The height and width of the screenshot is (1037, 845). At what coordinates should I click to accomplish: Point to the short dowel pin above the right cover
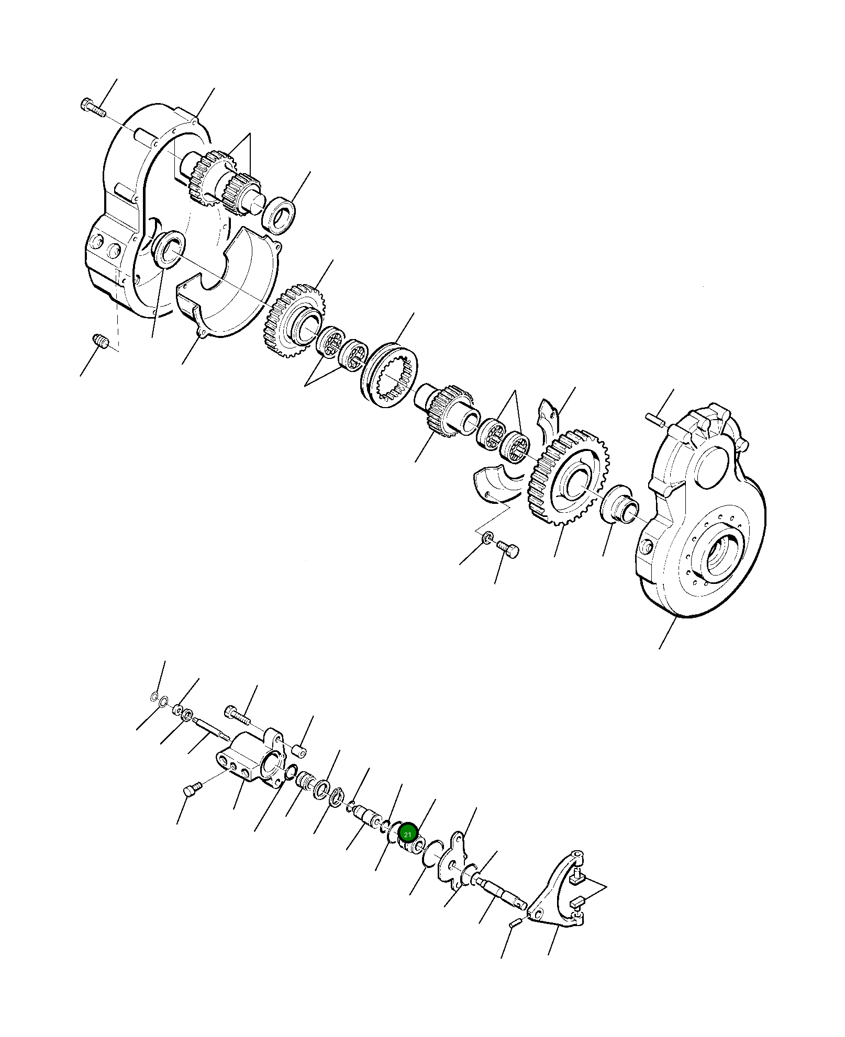[655, 419]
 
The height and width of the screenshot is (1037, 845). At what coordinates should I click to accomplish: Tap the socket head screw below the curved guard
[507, 549]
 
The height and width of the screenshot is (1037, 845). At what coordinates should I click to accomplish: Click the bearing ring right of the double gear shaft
[279, 215]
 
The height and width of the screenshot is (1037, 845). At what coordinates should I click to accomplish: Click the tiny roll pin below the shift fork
[515, 923]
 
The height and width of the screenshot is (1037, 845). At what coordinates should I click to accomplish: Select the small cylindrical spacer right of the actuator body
[299, 751]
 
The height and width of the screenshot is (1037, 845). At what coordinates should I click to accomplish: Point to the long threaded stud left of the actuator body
[212, 729]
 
